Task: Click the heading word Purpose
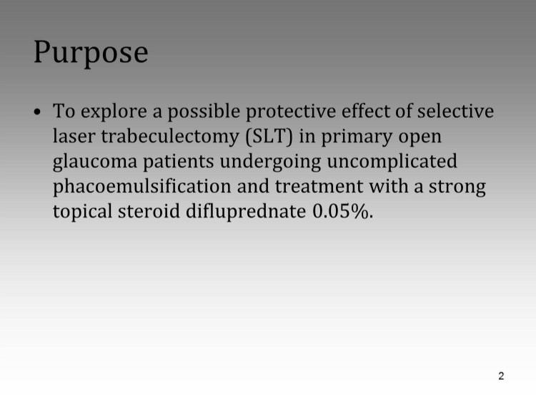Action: click(x=91, y=52)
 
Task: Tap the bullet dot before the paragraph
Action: click(x=38, y=112)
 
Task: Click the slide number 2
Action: click(x=501, y=376)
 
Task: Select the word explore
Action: click(x=114, y=112)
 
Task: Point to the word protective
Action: click(x=291, y=112)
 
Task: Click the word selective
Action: click(x=455, y=111)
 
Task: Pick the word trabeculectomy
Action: click(x=170, y=137)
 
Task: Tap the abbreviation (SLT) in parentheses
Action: click(x=269, y=137)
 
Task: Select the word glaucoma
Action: click(x=95, y=162)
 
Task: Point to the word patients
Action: click(x=179, y=162)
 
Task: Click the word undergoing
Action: click(x=270, y=162)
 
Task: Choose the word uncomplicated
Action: click(x=392, y=162)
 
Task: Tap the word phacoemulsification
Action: click(x=142, y=187)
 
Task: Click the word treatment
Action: click(x=319, y=187)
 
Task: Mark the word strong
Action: click(x=457, y=187)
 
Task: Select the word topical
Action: click(x=82, y=212)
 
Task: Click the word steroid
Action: click(x=149, y=211)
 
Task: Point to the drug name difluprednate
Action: click(x=246, y=212)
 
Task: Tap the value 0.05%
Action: click(x=343, y=212)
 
